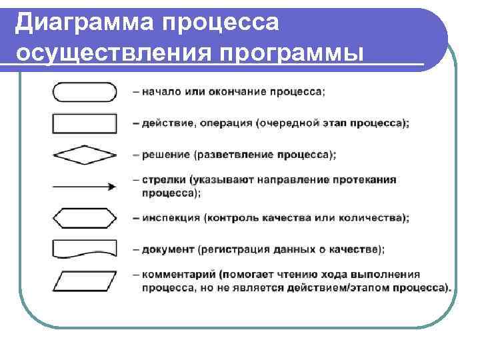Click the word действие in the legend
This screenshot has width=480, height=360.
[163, 123]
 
